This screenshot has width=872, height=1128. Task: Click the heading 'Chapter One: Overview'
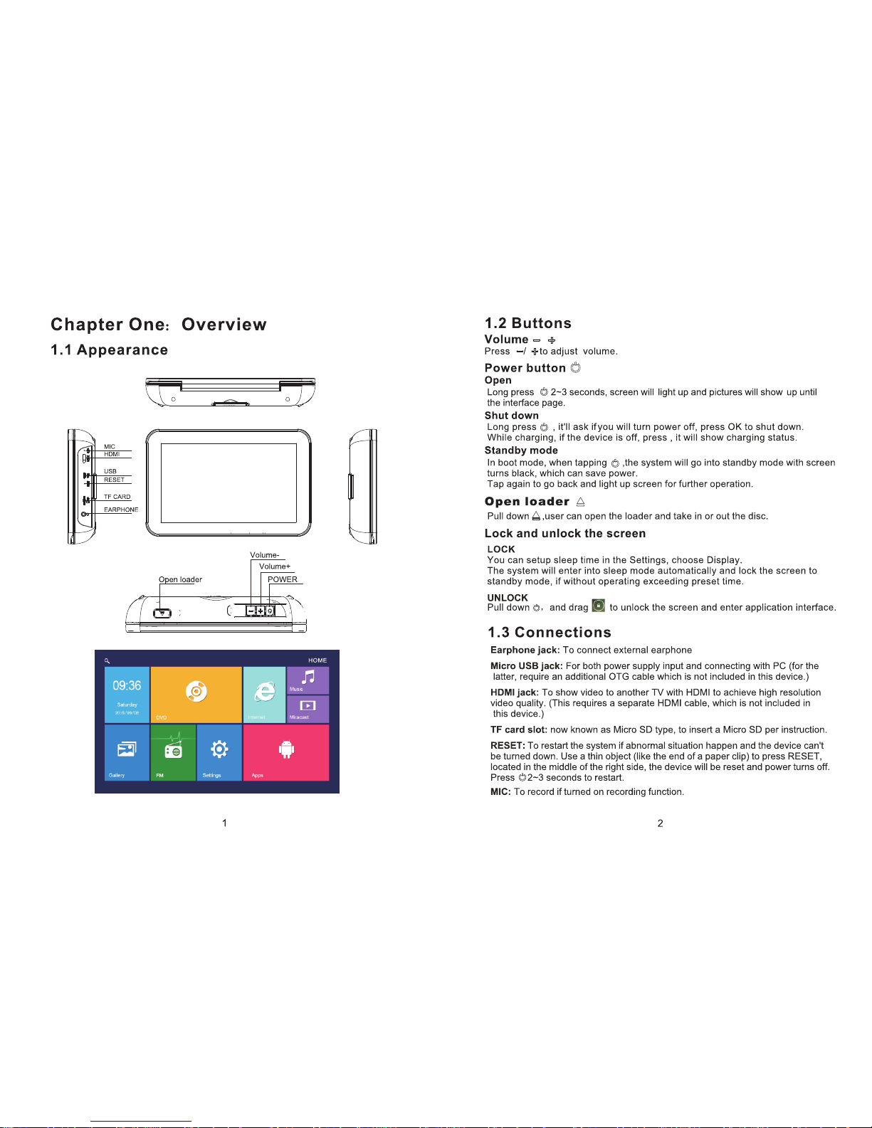coord(158,325)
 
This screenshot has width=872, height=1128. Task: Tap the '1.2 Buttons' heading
coord(527,324)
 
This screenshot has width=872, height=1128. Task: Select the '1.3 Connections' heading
coord(549,633)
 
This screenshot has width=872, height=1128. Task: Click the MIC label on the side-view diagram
coord(110,447)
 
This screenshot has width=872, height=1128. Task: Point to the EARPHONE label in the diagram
coord(121,510)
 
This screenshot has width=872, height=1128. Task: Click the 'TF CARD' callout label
coord(117,497)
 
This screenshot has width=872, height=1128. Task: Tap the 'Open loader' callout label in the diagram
coord(180,579)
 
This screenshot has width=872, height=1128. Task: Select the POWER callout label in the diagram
coord(283,579)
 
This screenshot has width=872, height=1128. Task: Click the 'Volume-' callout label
coord(264,555)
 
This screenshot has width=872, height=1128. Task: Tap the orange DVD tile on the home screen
coord(196,694)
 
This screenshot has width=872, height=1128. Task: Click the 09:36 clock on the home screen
coord(127,686)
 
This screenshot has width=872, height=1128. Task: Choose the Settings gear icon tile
coord(219,752)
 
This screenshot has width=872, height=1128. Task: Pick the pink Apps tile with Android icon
coord(286,752)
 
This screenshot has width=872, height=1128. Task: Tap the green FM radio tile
coord(173,752)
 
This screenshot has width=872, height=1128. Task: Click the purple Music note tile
coord(308,679)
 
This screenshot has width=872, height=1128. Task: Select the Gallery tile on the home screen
coord(127,752)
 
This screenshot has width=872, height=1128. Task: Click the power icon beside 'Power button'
coord(575,368)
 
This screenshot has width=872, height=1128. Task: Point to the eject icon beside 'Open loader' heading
coord(580,502)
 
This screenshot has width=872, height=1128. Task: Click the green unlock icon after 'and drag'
coord(599,606)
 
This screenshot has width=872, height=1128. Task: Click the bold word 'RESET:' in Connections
coord(508,746)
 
